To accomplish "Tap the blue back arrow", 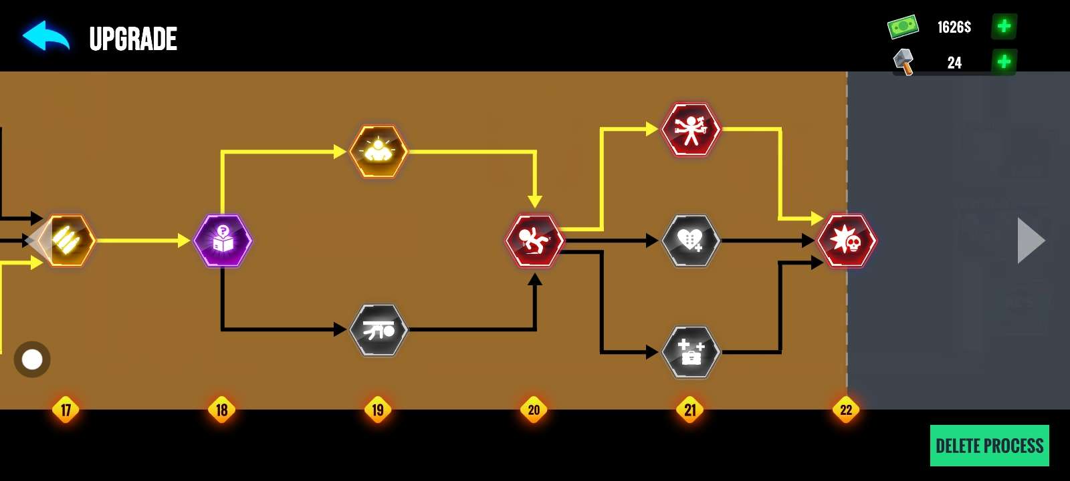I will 45,36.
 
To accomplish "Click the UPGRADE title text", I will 133,39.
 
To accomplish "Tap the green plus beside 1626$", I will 1004,27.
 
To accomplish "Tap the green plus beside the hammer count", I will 1004,62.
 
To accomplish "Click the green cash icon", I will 903,27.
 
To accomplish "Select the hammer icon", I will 903,61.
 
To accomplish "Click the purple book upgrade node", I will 223,240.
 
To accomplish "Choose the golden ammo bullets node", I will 67,240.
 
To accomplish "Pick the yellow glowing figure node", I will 379,152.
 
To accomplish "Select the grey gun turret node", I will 379,330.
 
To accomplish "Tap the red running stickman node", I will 534,240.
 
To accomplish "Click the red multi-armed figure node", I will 691,129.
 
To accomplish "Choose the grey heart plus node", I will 691,240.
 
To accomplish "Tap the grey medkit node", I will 691,352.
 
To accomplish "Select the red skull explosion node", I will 847,240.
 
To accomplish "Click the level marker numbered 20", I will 534,410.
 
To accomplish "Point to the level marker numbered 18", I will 222,410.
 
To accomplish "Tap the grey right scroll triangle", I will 1031,240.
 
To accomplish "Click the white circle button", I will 32,359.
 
